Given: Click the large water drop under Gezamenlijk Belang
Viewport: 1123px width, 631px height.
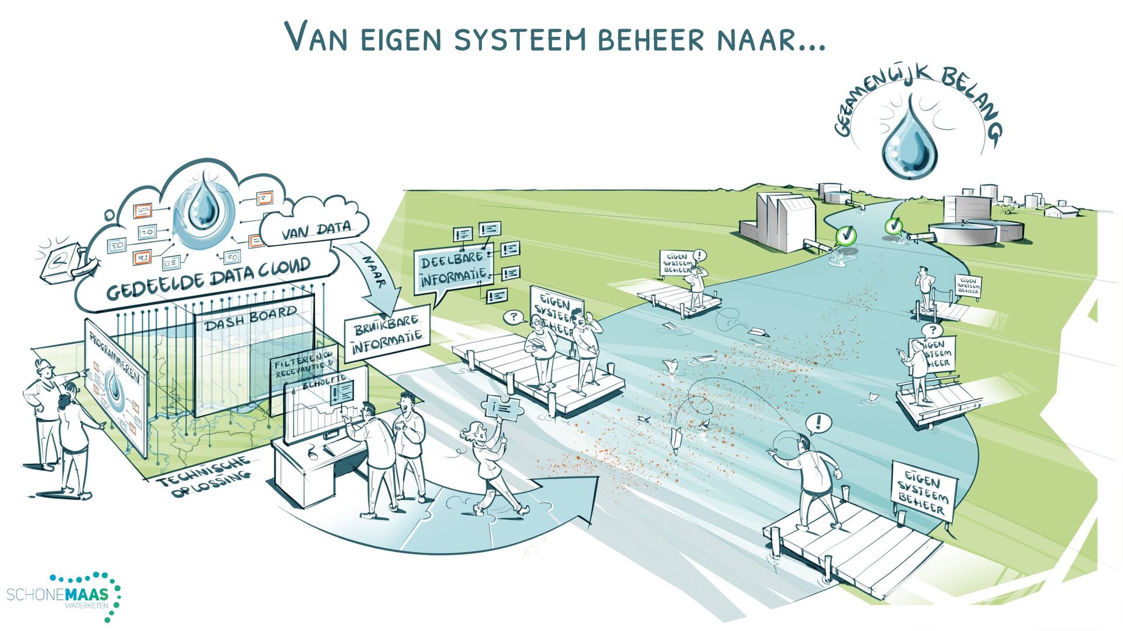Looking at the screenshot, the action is tap(910, 140).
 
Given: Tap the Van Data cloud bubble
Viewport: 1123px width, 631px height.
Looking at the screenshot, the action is tap(316, 230).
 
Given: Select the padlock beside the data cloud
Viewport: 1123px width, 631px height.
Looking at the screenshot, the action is tap(61, 263).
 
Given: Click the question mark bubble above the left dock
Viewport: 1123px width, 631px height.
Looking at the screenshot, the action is tap(514, 317).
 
